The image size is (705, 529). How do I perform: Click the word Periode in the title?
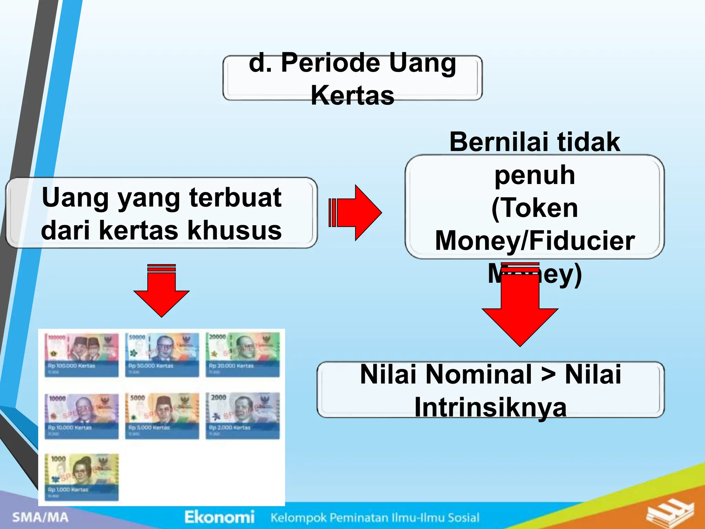pos(330,63)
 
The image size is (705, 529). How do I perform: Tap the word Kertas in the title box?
pos(352,95)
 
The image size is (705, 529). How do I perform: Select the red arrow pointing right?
pos(358,212)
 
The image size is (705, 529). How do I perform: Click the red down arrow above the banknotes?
pos(161,291)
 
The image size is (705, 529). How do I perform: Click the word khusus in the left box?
pos(235,230)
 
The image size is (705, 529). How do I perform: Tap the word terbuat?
pos(235,198)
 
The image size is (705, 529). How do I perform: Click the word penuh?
pos(535,175)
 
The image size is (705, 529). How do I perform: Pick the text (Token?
pos(535,208)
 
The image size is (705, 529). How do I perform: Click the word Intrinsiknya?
pos(490,407)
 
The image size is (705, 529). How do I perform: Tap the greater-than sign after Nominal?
pos(548,374)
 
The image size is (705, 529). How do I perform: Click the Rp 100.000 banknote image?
pos(82,355)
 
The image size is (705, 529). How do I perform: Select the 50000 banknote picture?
pos(162,355)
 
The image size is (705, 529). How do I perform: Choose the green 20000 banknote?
pos(242,355)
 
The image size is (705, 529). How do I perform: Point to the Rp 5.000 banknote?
pos(162,416)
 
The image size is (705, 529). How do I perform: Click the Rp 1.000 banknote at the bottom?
pos(82,477)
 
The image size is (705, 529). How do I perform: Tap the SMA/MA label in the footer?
pos(40,517)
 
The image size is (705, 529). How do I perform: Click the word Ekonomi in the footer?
pos(219,517)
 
